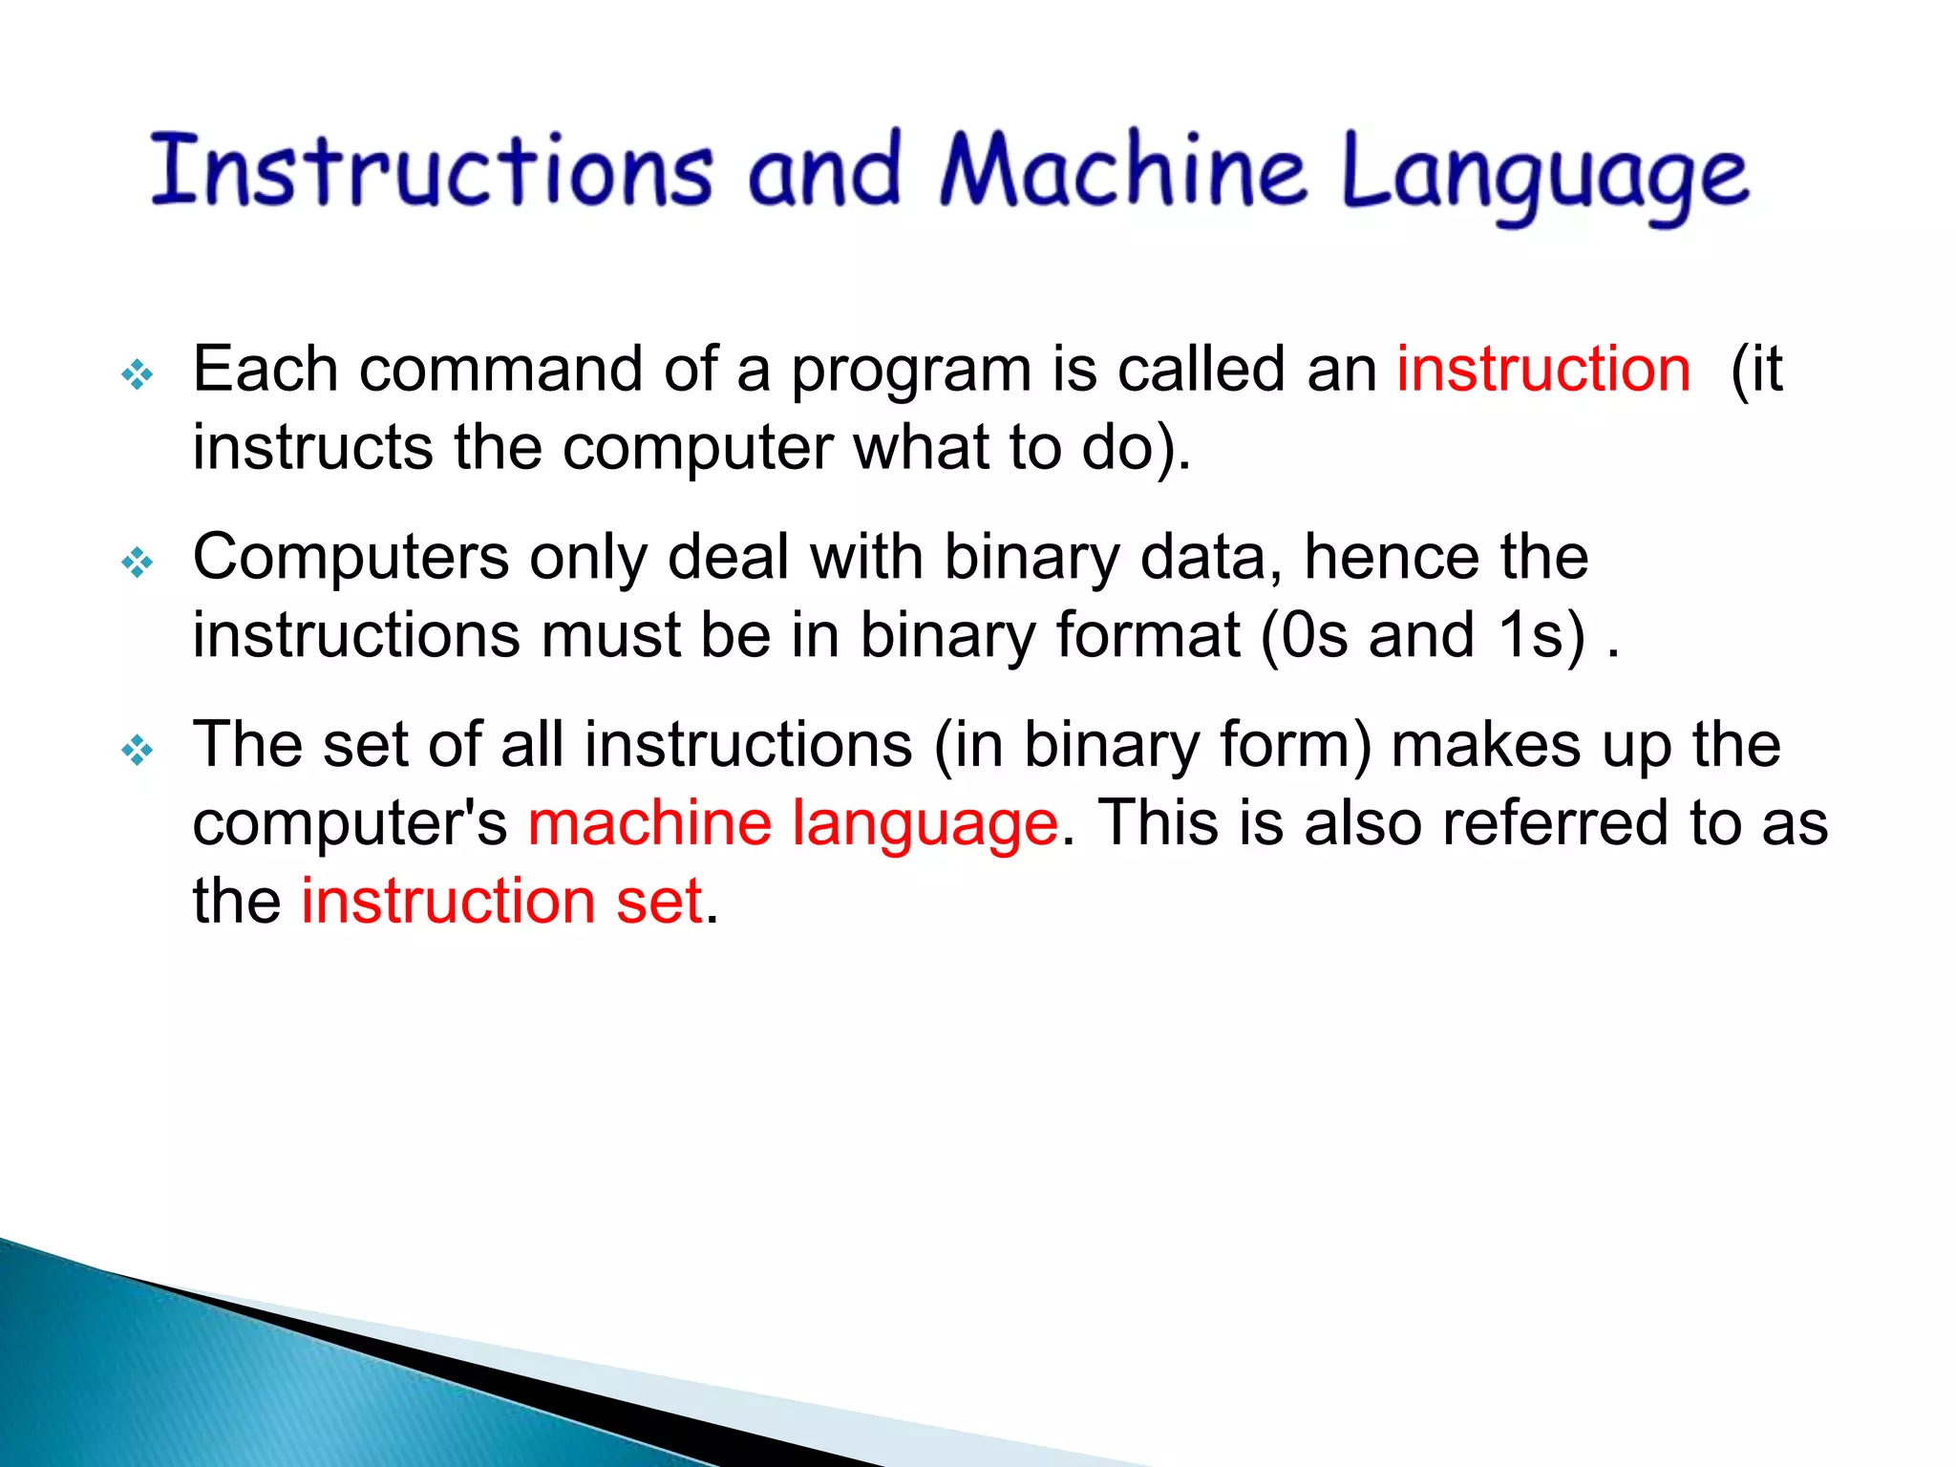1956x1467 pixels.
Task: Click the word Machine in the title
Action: tap(1122, 172)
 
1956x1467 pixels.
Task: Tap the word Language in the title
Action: tap(1545, 177)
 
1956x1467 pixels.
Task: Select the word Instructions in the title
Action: tap(432, 172)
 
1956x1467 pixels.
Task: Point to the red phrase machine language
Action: tap(793, 823)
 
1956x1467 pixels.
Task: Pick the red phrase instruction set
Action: tap(502, 901)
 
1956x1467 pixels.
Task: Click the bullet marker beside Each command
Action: tap(138, 374)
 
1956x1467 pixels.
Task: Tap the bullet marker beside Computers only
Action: tap(138, 563)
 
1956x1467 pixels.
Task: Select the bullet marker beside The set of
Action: tap(138, 750)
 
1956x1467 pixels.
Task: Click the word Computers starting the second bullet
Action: tap(351, 557)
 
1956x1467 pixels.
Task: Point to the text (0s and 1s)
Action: tap(1423, 635)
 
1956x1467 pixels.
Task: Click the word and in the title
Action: tap(824, 172)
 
